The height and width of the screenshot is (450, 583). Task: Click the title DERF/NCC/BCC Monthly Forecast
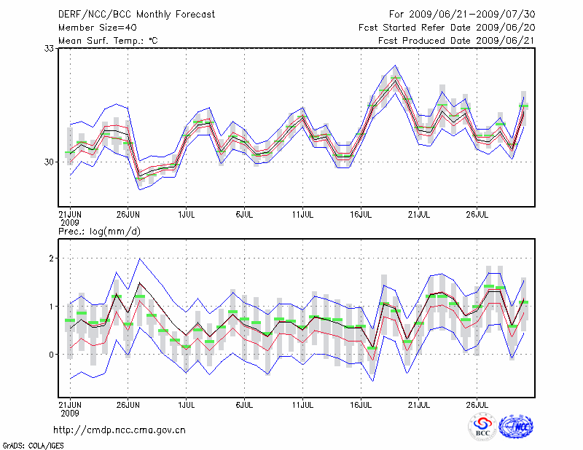(x=137, y=14)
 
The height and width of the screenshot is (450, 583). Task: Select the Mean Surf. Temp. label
(x=108, y=40)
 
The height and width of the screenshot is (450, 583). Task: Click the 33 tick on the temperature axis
(x=50, y=48)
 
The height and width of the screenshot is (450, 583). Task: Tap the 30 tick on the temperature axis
(x=50, y=162)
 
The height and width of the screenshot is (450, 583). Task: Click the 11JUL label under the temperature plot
(x=302, y=216)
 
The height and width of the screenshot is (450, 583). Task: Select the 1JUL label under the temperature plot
(x=186, y=216)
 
